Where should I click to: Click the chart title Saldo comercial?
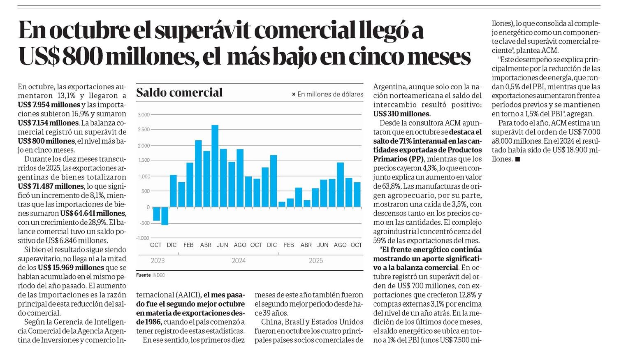point(179,93)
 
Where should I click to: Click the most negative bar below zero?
point(165,216)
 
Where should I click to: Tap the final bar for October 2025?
point(357,194)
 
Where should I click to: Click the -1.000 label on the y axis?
point(143,238)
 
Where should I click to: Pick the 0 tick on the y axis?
point(148,207)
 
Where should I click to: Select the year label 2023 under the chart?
point(158,261)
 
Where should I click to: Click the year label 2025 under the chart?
point(316,261)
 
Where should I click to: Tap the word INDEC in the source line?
point(158,275)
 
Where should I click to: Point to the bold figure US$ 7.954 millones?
point(49,105)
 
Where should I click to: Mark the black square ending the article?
point(517,159)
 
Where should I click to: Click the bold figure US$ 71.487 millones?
point(51,186)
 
